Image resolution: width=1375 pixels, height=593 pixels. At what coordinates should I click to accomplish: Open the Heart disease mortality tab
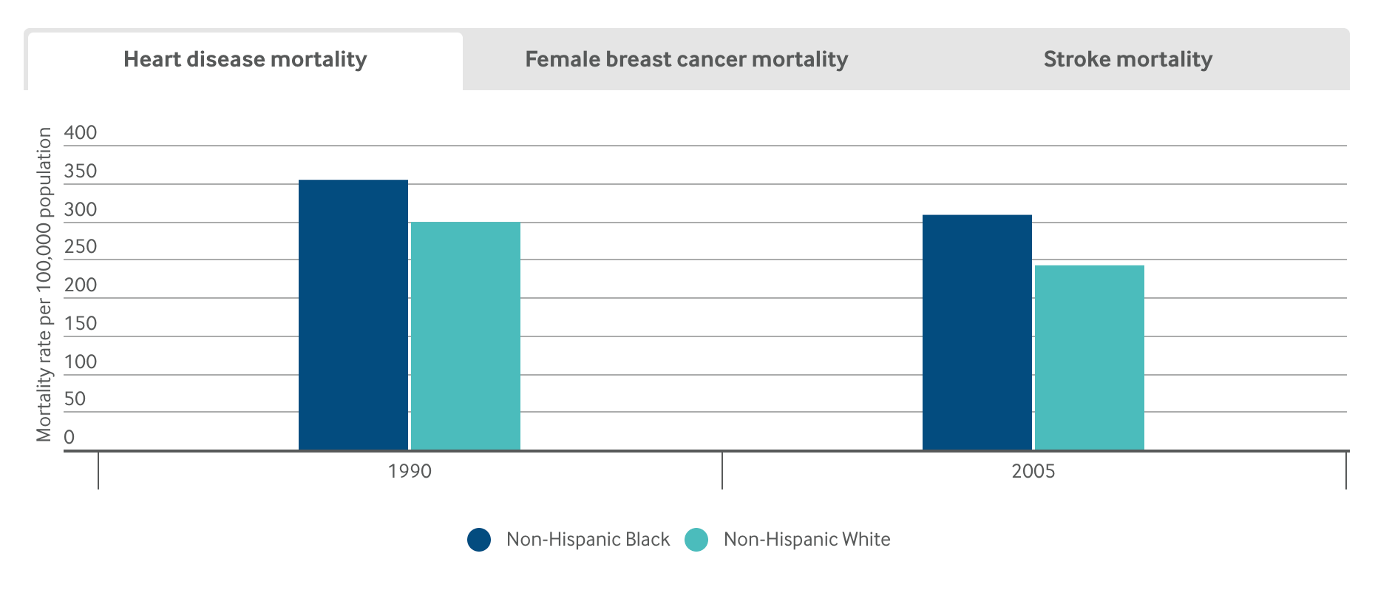245,60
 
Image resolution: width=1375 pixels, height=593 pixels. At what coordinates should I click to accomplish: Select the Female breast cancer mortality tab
686,60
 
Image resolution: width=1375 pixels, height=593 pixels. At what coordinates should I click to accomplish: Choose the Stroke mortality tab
1127,60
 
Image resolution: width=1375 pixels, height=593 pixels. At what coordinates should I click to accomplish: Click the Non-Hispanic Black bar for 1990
353,314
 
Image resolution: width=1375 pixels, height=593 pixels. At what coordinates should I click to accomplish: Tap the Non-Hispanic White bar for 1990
466,336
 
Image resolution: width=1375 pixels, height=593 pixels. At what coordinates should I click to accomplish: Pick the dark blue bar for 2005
977,332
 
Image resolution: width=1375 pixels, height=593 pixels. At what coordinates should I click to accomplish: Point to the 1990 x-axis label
410,471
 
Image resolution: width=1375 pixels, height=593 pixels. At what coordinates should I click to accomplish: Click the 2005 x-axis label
1033,471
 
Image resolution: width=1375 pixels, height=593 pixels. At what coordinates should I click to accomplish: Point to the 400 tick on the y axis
80,133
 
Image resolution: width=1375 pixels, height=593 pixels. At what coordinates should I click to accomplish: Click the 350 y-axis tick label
80,172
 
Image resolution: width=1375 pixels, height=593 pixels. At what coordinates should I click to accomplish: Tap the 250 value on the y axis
80,247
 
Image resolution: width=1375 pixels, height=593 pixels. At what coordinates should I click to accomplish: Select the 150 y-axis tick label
80,323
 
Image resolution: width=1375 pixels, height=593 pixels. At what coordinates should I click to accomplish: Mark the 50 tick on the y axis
75,399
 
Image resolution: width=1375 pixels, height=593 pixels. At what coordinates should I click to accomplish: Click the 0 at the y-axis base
69,437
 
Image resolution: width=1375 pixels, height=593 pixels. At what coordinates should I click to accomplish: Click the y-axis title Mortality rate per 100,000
44,285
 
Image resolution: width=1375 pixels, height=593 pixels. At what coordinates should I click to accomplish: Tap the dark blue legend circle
479,540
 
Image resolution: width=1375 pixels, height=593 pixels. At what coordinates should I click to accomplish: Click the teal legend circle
696,540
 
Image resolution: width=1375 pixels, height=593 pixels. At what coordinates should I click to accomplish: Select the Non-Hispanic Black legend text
588,540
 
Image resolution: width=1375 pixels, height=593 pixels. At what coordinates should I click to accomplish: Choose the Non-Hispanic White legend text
807,540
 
